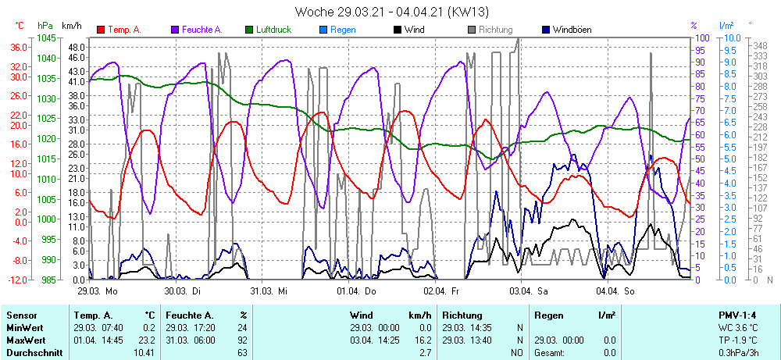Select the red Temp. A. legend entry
[x=119, y=30]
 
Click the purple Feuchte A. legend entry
[x=196, y=30]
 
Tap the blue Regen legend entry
[x=337, y=30]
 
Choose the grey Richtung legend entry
[x=490, y=30]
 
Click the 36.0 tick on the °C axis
[x=19, y=47]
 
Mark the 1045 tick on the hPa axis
[x=46, y=37]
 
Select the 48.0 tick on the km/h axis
[x=76, y=47]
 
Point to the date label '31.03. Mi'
[x=269, y=290]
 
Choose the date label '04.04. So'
[x=615, y=290]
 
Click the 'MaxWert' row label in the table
[x=25, y=340]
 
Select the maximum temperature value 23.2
[x=146, y=340]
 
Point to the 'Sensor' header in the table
[x=21, y=315]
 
